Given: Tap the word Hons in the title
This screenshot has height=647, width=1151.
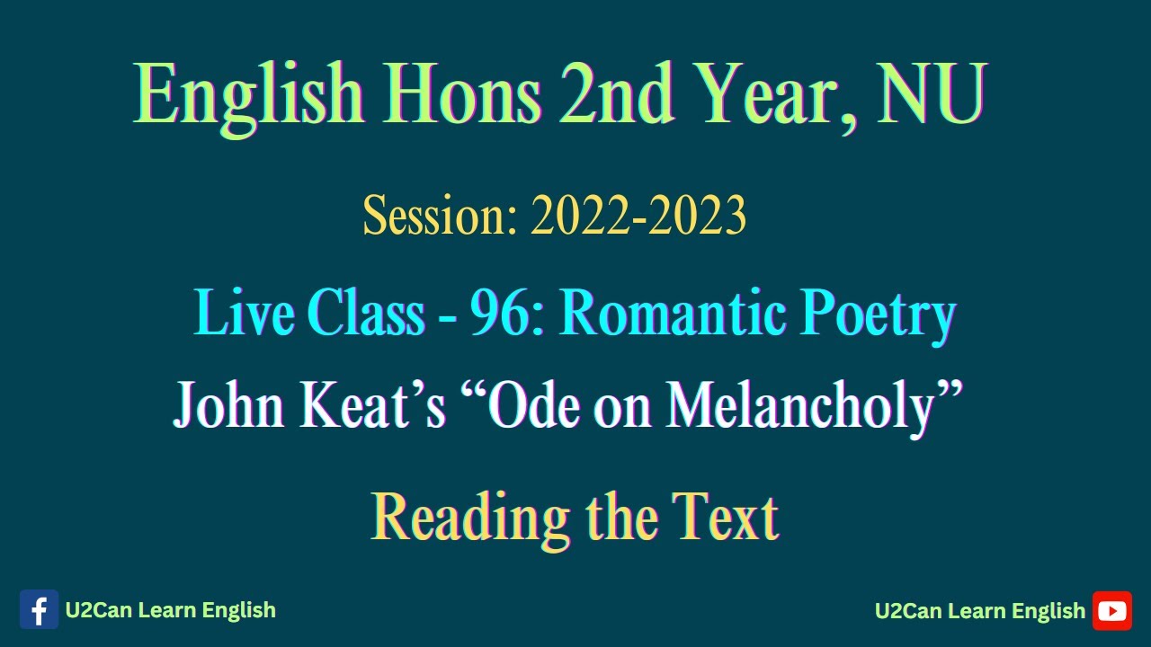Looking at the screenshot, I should pyautogui.click(x=461, y=94).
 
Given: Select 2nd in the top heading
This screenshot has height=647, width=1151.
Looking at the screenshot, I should pyautogui.click(x=616, y=94).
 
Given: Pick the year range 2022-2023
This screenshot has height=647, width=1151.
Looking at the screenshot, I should pyautogui.click(x=638, y=217).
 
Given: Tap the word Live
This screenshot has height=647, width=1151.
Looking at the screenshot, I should pyautogui.click(x=245, y=315).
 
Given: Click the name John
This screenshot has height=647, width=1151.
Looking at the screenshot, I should pyautogui.click(x=230, y=406).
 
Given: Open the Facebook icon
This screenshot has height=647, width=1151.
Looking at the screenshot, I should pyautogui.click(x=39, y=610).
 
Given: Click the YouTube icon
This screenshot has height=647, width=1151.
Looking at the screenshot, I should pyautogui.click(x=1112, y=611).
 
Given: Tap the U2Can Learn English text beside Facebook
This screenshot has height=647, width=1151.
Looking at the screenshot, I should pyautogui.click(x=171, y=610).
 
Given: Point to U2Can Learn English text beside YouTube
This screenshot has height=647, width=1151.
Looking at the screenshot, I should pyautogui.click(x=980, y=611).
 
